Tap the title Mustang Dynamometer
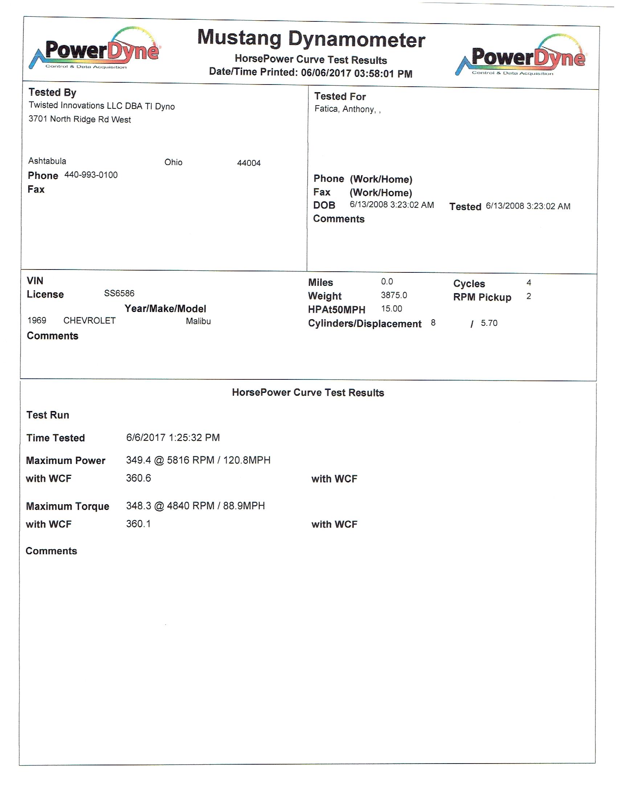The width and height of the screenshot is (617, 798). pos(311,39)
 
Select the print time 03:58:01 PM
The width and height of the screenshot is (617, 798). pos(383,73)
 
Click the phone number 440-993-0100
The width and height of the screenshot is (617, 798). pos(91,175)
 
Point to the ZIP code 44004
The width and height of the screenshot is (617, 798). pos(249,163)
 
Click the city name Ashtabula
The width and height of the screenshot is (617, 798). pos(47,161)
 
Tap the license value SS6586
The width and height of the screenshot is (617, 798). pos(119,293)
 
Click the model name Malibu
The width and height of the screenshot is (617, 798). pos(198,321)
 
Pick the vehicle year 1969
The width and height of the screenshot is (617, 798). pos(37,320)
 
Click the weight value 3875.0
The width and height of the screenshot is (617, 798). pos(394,295)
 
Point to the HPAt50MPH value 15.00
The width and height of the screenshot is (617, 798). pos(392,309)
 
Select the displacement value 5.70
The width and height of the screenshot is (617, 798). pos(489,323)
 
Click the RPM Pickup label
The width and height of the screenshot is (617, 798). pos(482,297)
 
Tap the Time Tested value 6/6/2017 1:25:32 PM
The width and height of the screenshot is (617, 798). pos(173,437)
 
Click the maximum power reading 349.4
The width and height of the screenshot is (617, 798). pos(138,460)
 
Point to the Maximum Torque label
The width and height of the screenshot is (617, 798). pos(68,506)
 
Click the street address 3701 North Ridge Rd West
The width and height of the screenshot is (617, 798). pos(80,119)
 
